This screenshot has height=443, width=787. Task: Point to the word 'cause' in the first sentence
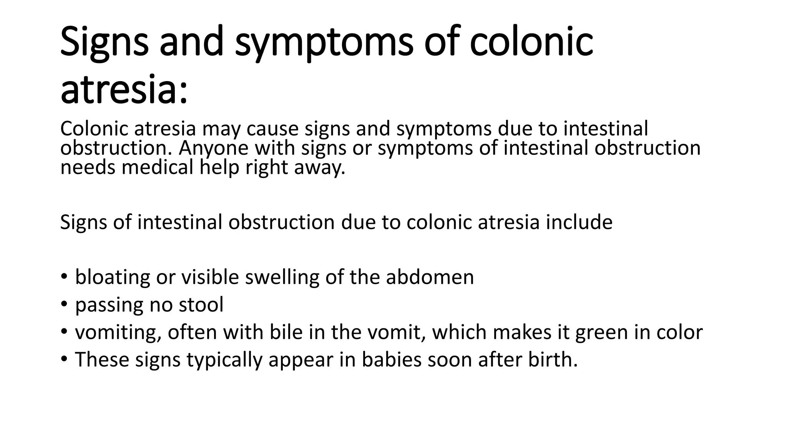tap(272, 129)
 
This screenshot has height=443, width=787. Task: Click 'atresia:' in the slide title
tap(124, 90)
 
